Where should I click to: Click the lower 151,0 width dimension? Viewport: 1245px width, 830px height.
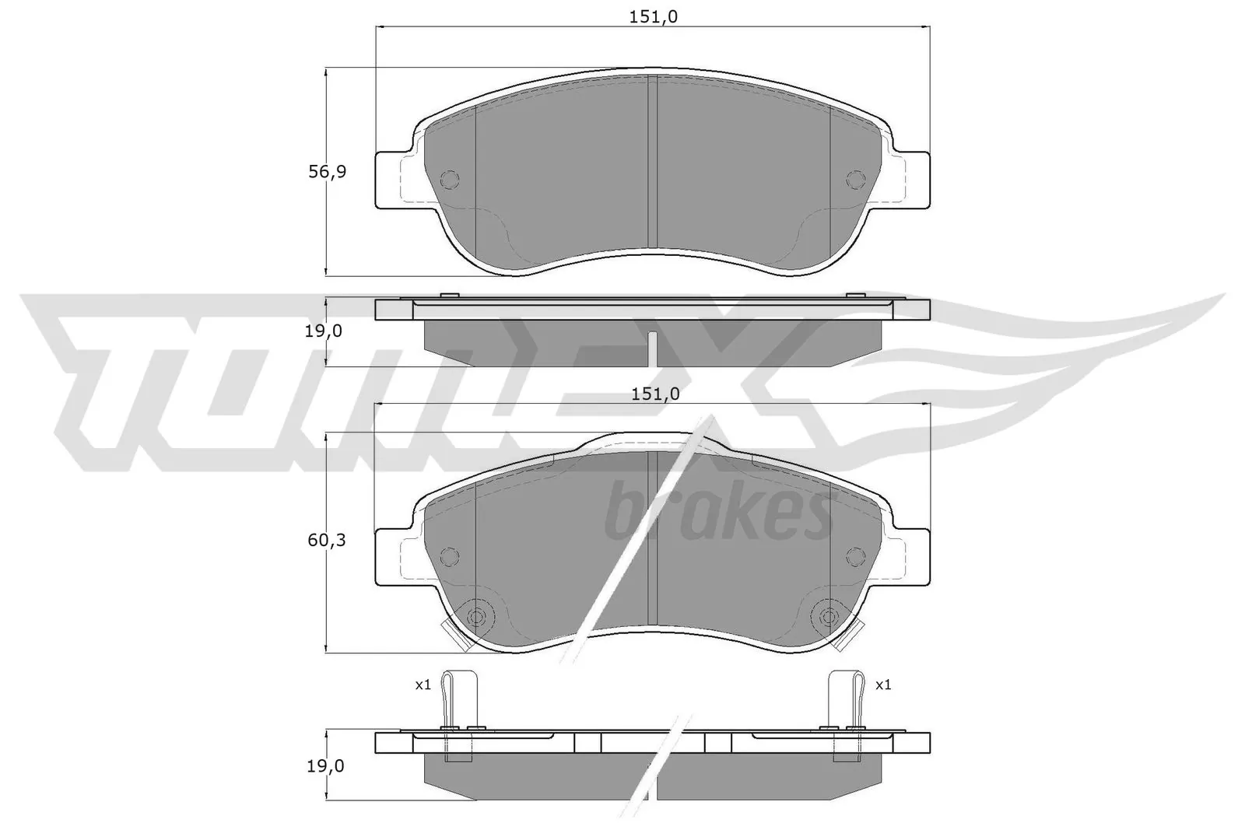654,394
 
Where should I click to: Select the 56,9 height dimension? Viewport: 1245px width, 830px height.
327,171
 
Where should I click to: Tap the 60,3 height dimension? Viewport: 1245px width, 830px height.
327,539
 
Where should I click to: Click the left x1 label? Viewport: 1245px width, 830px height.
423,685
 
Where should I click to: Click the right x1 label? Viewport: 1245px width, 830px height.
883,685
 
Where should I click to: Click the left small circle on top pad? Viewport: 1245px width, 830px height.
450,180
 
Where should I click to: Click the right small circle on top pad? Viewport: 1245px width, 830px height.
855,180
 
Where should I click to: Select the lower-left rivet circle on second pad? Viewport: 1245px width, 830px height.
476,617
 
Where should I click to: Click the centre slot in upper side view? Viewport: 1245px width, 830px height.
653,348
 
